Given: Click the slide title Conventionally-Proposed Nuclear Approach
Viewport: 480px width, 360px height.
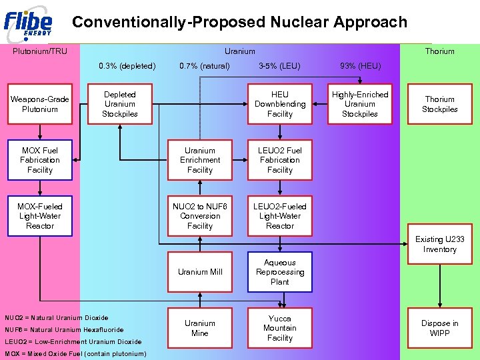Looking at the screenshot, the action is (x=239, y=22).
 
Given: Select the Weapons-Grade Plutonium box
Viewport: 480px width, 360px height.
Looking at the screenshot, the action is (x=40, y=104).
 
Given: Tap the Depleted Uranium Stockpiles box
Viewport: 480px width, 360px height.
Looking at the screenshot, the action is (x=120, y=104).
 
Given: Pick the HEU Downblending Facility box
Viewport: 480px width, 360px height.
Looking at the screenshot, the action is (x=280, y=104).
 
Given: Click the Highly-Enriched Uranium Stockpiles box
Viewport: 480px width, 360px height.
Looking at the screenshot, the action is (x=360, y=104).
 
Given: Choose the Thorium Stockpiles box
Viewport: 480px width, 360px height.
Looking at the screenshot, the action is (x=440, y=104).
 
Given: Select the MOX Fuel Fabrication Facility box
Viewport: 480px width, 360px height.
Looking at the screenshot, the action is (x=40, y=160).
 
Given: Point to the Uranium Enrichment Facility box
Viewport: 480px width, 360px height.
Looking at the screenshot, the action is (x=200, y=160).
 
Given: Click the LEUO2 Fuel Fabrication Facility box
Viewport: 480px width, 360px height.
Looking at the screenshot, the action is (x=280, y=160).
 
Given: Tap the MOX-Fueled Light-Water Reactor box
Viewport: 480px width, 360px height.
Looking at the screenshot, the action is (x=40, y=216).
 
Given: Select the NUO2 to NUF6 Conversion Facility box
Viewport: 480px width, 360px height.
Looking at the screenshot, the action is (x=200, y=216).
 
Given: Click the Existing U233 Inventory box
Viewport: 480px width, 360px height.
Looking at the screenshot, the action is (x=440, y=244).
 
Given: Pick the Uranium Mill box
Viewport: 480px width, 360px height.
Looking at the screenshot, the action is (x=200, y=272).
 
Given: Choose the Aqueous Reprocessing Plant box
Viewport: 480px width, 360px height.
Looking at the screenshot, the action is (x=280, y=272).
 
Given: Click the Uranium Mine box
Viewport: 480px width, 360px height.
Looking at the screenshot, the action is (x=200, y=328).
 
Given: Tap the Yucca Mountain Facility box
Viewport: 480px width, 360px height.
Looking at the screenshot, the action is (x=280, y=328).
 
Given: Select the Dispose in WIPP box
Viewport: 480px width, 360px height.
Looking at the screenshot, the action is (x=440, y=328).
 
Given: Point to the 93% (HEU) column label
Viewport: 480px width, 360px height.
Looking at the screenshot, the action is (x=360, y=66).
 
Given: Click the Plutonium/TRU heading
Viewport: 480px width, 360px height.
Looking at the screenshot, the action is (x=40, y=51).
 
